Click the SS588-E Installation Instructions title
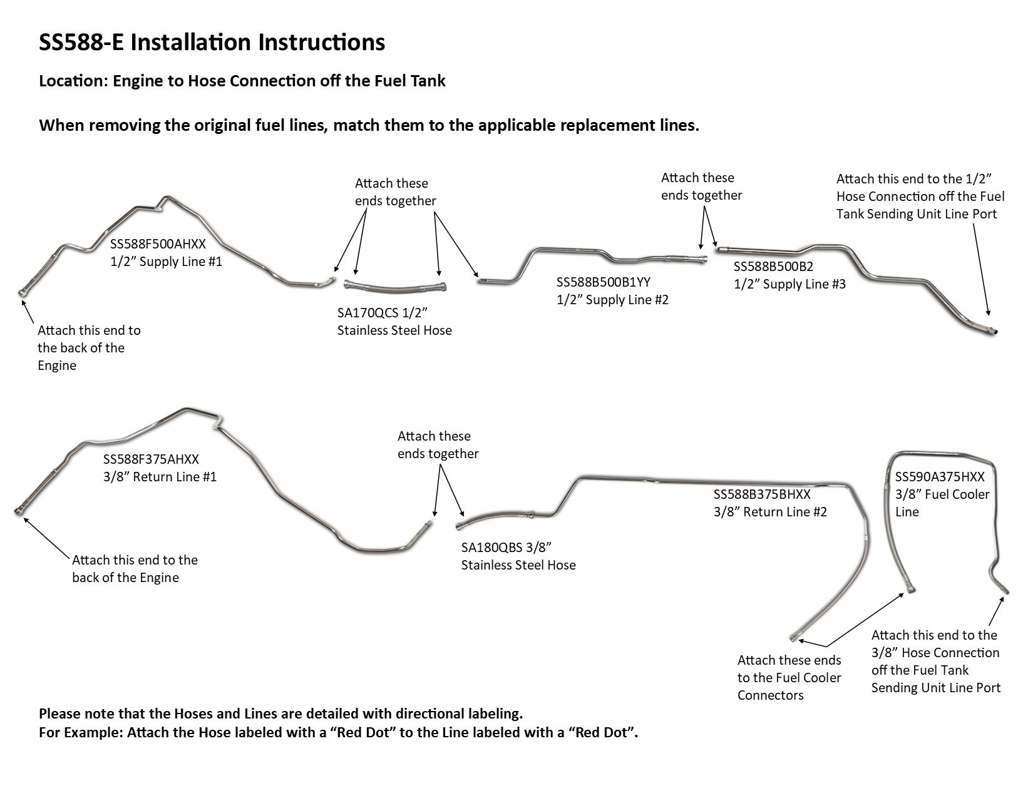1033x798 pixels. tap(212, 43)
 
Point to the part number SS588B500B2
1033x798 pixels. tap(773, 267)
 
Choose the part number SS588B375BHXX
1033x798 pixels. tap(761, 494)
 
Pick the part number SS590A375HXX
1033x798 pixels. tap(939, 476)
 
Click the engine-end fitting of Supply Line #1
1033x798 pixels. tap(23, 292)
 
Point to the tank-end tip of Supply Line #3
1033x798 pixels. tap(992, 330)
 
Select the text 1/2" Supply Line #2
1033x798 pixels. tap(612, 300)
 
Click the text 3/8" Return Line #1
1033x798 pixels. tap(160, 477)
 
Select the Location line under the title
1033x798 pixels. tap(242, 81)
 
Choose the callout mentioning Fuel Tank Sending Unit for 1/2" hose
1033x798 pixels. tap(920, 197)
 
